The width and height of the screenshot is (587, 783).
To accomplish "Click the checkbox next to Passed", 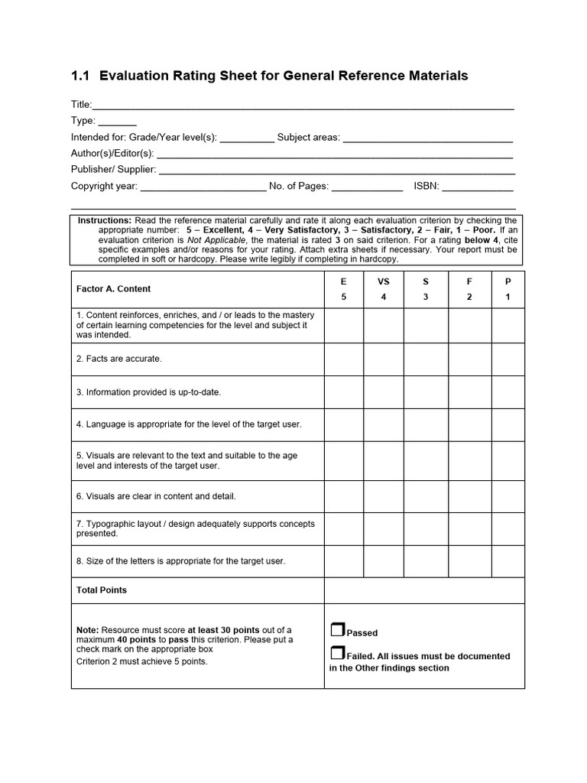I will point(337,630).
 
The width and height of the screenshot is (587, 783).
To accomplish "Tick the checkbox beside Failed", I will point(337,653).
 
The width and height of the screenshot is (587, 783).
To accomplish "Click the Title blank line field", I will point(303,106).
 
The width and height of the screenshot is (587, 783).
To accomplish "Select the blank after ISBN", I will point(478,187).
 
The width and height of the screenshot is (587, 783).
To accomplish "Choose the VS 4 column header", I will point(384,289).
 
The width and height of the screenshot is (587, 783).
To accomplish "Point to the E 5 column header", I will point(343,289).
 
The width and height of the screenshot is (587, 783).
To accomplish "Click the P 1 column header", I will point(508,289).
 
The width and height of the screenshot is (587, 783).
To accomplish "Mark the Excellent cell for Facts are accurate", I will point(343,359).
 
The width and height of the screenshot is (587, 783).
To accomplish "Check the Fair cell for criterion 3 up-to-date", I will point(469,392).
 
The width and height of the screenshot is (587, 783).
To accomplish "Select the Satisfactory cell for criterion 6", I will point(426,496).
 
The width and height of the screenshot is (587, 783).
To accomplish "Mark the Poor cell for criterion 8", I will point(508,561).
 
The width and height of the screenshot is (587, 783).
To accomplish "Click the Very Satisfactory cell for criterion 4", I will point(384,424).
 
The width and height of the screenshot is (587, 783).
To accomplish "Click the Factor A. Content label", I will point(113,289).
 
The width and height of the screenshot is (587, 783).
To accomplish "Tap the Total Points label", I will point(102,590).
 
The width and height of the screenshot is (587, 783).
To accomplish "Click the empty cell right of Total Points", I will point(424,590).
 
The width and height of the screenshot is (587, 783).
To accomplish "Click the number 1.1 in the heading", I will point(80,76).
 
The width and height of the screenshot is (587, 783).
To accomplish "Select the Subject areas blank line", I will point(427,138).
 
